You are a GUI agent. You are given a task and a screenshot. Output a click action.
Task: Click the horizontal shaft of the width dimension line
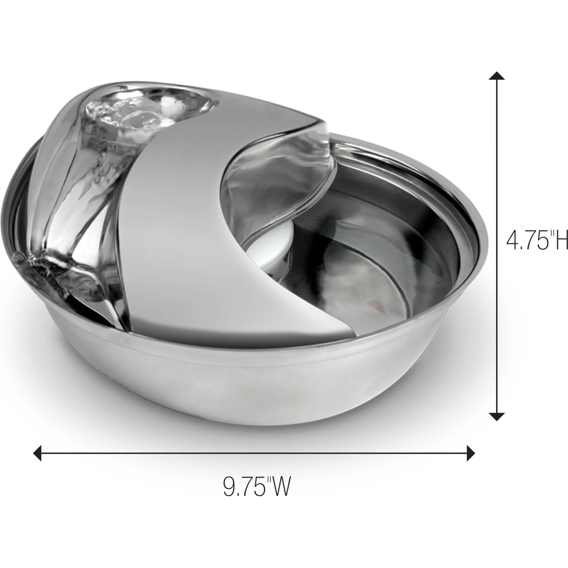point(254,453)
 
